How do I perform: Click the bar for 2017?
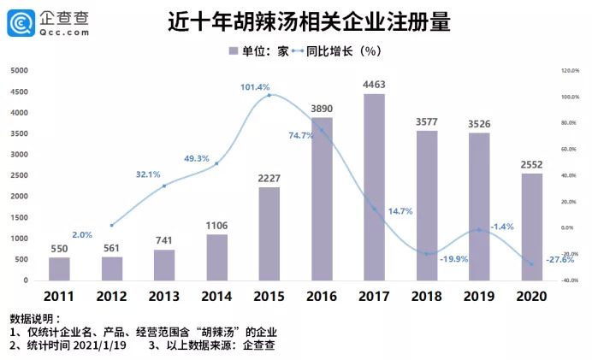tap(374, 187)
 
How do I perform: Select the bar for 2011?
tap(59, 269)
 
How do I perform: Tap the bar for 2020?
tap(531, 227)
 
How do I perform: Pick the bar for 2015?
tap(269, 233)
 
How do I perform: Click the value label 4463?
tap(374, 84)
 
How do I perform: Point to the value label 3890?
tap(322, 109)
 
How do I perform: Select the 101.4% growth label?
tap(255, 87)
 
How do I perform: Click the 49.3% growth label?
tap(197, 159)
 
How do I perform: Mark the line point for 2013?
tap(164, 186)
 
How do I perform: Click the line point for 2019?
tap(479, 229)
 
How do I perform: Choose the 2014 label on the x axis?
tap(216, 296)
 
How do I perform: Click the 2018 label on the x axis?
tap(427, 296)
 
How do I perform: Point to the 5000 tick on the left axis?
tap(18, 70)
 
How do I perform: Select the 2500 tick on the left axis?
tap(18, 175)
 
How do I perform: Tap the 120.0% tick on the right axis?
tap(571, 71)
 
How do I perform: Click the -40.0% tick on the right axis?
tap(571, 280)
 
